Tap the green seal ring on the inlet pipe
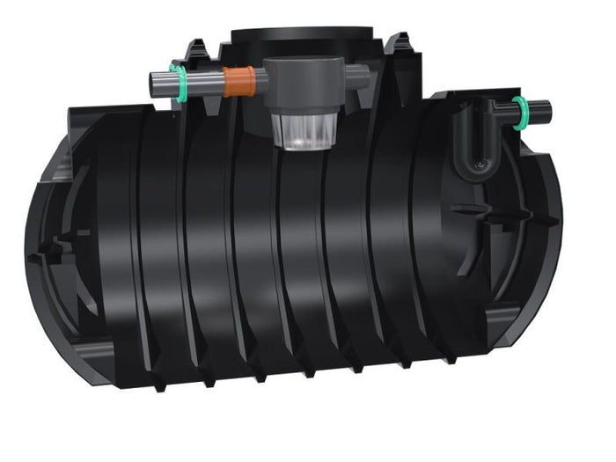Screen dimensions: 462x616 tap(179, 82)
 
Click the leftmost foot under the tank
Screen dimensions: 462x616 tap(159, 385)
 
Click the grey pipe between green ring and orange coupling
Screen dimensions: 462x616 tap(204, 82)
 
